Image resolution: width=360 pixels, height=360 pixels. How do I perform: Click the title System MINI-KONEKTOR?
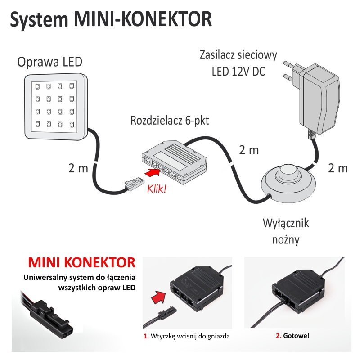(111, 20)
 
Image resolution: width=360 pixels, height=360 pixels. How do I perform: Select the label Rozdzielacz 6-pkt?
(170, 121)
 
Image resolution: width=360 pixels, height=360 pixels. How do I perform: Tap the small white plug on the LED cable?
(131, 184)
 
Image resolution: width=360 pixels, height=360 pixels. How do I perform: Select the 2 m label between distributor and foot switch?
(248, 150)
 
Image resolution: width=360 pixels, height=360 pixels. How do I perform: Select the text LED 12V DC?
(238, 72)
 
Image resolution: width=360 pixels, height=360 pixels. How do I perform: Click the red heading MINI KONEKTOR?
(81, 263)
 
